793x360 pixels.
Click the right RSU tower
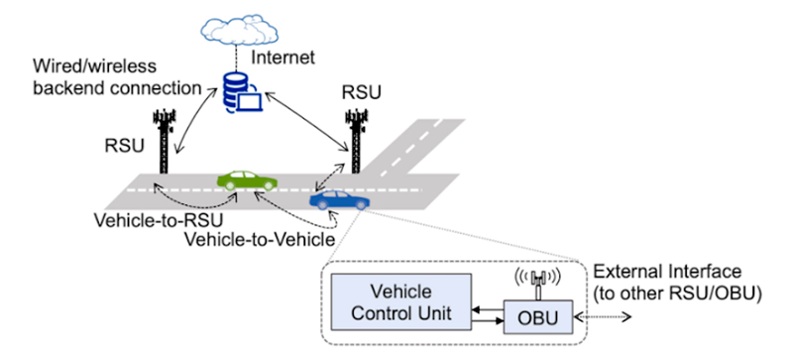click(355, 128)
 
